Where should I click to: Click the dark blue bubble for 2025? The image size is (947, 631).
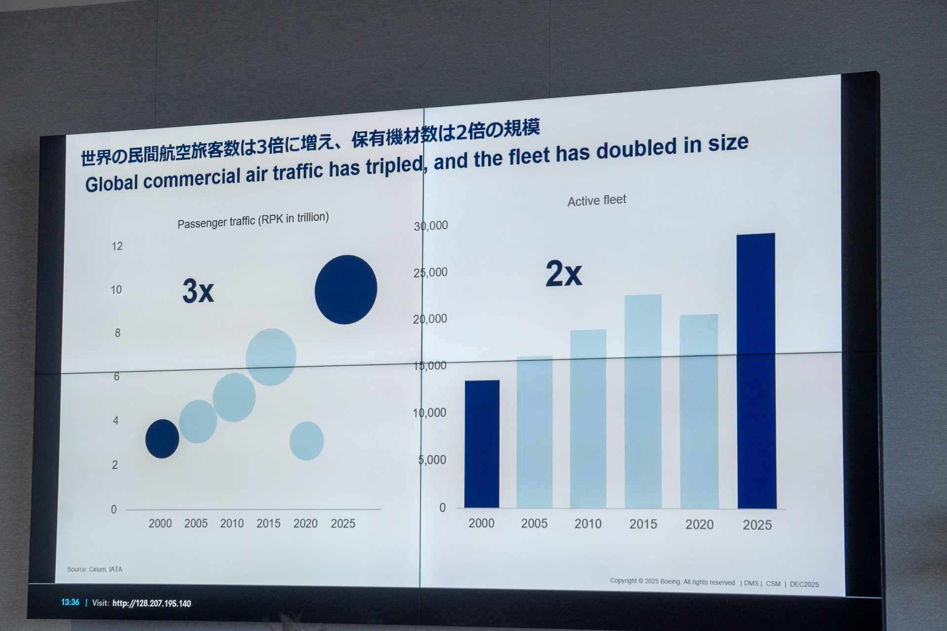(346, 289)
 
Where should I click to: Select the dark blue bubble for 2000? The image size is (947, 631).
(162, 439)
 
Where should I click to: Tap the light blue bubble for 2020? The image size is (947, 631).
(306, 441)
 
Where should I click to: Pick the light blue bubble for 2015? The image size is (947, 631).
(271, 357)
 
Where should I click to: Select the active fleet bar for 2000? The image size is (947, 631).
(482, 444)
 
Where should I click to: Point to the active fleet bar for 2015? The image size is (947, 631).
(643, 401)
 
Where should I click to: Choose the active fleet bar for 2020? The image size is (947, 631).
(699, 411)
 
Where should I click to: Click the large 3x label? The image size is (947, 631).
(198, 291)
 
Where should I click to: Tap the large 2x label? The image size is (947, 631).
(563, 274)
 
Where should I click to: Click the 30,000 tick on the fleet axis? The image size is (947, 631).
(431, 226)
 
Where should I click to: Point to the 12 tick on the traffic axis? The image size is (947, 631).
(117, 246)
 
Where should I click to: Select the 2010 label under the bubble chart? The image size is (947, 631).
(232, 524)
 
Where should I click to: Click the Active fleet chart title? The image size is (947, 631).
(596, 201)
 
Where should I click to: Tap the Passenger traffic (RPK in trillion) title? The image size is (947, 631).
(253, 220)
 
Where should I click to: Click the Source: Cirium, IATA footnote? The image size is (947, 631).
(95, 569)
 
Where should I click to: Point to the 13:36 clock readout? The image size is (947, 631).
(70, 602)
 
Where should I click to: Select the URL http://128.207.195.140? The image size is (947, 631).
(151, 603)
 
